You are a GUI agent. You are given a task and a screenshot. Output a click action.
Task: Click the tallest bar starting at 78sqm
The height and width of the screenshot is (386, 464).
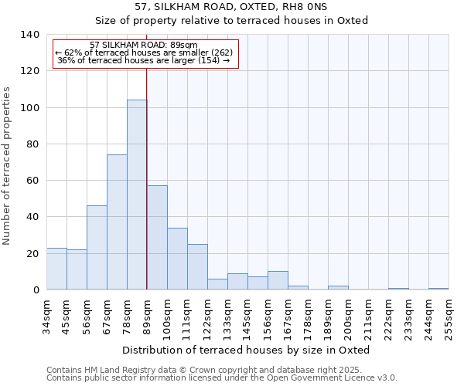(137, 195)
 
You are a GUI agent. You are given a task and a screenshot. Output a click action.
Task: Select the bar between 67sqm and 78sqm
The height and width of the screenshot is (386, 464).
(117, 222)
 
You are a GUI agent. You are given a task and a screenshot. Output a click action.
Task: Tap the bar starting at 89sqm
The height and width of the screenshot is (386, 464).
(157, 238)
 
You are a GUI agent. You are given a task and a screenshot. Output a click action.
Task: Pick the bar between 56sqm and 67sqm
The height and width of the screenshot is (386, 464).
(97, 248)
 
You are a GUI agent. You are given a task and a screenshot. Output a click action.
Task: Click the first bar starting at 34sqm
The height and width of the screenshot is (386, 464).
(56, 269)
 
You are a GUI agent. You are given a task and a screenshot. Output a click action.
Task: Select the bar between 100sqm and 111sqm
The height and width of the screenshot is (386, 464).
(177, 259)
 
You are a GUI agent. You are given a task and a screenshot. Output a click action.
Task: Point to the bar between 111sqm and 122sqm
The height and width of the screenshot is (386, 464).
(197, 267)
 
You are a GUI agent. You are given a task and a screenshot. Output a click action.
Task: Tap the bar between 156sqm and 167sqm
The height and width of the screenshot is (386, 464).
(278, 281)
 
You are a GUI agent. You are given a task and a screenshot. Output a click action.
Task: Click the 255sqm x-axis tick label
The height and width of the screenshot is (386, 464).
(449, 317)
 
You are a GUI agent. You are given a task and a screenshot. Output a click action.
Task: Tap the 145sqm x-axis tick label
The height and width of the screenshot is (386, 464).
(247, 317)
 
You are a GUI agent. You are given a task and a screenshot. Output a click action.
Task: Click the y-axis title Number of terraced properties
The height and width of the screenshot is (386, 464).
(8, 166)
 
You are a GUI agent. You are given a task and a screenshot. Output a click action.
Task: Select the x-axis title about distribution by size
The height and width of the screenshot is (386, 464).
(246, 350)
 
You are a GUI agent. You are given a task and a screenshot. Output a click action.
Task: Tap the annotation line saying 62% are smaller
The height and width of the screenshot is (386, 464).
(144, 52)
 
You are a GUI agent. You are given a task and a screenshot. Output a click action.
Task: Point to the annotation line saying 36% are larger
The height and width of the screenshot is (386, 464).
(144, 60)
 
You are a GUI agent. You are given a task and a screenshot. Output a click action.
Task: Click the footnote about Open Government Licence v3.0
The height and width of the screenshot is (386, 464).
(221, 378)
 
